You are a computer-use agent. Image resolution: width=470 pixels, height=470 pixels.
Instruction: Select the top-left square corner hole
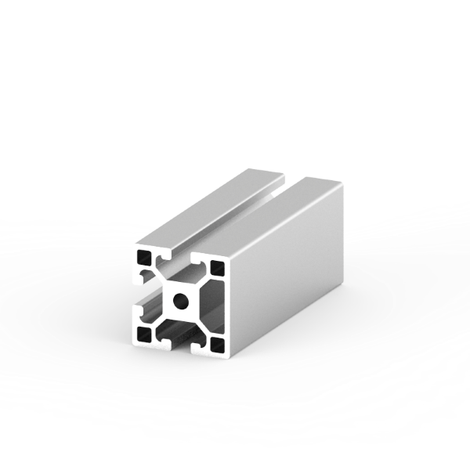(x=144, y=258)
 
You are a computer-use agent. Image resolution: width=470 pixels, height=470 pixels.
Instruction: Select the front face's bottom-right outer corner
(x=230, y=356)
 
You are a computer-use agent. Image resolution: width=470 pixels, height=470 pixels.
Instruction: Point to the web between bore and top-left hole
(x=163, y=279)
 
